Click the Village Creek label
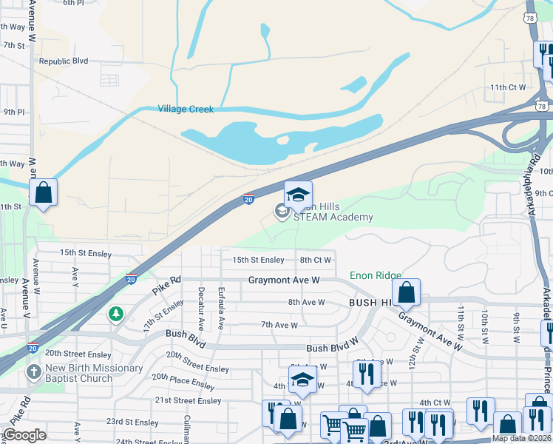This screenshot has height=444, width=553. click(x=186, y=110)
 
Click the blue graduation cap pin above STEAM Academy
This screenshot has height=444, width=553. click(x=298, y=195)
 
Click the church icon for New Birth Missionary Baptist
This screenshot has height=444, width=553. click(x=33, y=372)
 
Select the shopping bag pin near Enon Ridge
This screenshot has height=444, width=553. click(x=407, y=292)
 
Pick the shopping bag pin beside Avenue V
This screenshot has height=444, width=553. click(x=44, y=193)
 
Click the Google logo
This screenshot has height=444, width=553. click(x=24, y=435)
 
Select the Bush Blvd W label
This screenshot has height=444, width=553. click(x=332, y=349)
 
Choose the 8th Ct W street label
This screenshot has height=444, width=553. click(x=315, y=260)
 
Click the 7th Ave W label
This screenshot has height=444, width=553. click(x=279, y=326)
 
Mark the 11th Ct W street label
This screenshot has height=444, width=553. click(x=508, y=87)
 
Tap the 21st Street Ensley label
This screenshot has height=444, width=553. click(x=188, y=400)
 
